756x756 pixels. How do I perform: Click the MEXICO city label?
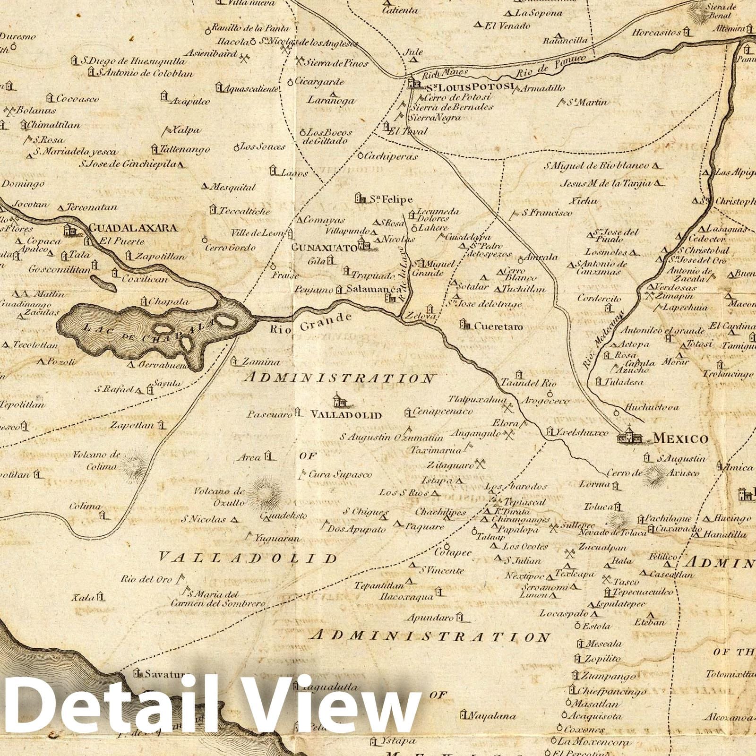click(x=680, y=439)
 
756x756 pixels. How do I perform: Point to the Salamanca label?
click(x=373, y=289)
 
